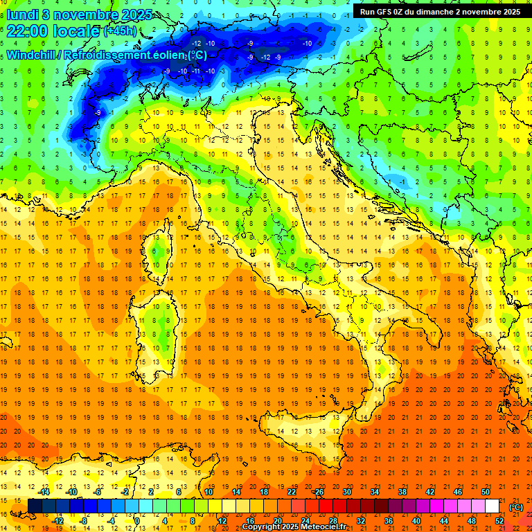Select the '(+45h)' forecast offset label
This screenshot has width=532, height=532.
(120, 31)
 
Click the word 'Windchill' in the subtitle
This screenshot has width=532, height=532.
(33, 55)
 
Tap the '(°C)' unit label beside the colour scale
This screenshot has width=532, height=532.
(515, 507)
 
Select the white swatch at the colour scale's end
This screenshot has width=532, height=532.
(492, 506)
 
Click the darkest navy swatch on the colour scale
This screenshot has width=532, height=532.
(34, 506)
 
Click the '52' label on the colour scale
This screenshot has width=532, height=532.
(499, 521)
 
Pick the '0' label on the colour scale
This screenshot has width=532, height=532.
(138, 521)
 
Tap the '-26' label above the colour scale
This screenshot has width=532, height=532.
(318, 492)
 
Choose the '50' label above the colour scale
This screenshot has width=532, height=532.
(485, 492)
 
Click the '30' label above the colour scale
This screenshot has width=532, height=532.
(346, 492)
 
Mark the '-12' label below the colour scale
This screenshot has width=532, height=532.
(57, 521)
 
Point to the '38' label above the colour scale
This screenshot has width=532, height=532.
(402, 492)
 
